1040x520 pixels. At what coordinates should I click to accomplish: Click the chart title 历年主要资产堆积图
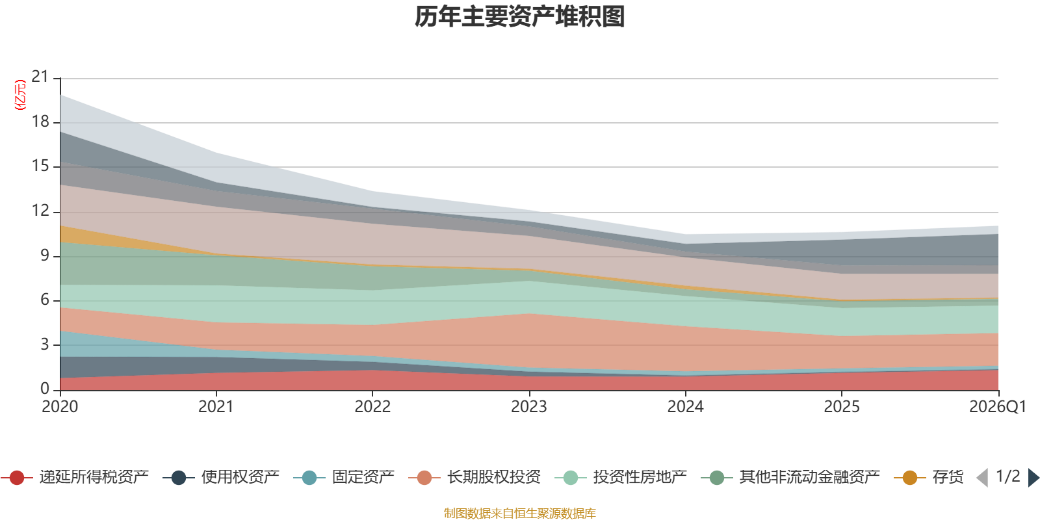click(519, 17)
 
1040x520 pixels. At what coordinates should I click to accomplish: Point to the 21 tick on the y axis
click(40, 77)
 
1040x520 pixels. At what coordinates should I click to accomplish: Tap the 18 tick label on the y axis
click(40, 122)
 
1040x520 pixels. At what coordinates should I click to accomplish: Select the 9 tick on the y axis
click(45, 255)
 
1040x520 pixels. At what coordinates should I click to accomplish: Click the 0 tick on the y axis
click(45, 389)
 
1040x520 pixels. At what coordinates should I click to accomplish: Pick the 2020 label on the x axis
click(60, 407)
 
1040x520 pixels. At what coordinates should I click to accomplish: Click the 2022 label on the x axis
click(372, 407)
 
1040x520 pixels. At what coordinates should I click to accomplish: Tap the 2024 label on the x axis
click(685, 407)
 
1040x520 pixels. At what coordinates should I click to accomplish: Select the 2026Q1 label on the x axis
click(997, 407)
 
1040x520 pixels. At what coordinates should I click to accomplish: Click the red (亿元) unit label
click(20, 95)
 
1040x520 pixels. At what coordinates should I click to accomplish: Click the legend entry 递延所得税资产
click(74, 477)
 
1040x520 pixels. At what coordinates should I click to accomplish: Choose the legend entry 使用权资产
click(221, 477)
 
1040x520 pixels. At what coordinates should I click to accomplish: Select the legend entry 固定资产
click(344, 477)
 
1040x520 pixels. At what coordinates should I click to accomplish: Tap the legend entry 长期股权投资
click(474, 477)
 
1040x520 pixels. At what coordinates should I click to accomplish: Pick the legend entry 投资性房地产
click(621, 477)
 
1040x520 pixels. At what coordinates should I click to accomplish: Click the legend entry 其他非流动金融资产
click(790, 477)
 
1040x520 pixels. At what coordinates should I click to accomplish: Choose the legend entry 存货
click(929, 477)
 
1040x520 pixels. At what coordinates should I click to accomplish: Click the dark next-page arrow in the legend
click(1033, 478)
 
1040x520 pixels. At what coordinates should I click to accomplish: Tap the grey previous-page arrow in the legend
click(982, 478)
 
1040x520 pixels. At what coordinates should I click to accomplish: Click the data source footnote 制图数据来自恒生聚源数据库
click(519, 513)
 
